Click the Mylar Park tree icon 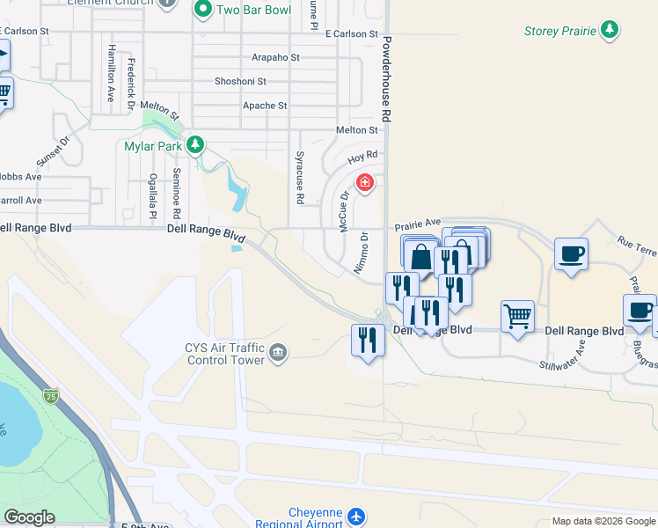pos(198,144)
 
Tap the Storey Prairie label pos(559,32)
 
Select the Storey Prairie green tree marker pos(609,32)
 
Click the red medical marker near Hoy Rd pos(364,183)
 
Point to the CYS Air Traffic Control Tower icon pos(279,354)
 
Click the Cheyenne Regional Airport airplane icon pos(355,516)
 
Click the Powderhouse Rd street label pos(385,80)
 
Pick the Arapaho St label pos(275,57)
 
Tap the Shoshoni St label pos(240,81)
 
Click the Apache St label pos(264,106)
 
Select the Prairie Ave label pos(417,224)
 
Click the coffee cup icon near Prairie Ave pos(571,253)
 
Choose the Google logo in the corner pos(29,517)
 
